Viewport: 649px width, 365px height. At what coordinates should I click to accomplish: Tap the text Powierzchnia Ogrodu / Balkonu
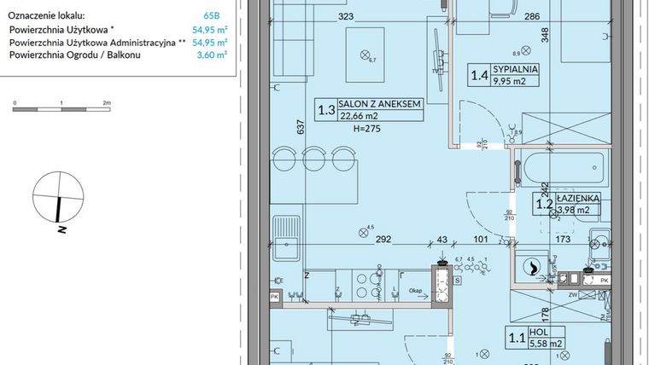(75, 55)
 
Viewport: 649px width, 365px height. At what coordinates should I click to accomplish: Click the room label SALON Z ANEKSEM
(380, 104)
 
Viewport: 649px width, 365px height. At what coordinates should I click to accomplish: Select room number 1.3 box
(325, 110)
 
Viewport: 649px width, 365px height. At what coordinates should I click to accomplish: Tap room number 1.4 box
(480, 76)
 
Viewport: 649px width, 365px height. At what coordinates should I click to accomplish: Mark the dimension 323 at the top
(345, 16)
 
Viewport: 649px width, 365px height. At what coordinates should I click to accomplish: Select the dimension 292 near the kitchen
(383, 240)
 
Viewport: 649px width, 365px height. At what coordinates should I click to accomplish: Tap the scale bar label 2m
(106, 102)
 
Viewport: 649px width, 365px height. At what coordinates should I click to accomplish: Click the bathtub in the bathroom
(562, 165)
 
